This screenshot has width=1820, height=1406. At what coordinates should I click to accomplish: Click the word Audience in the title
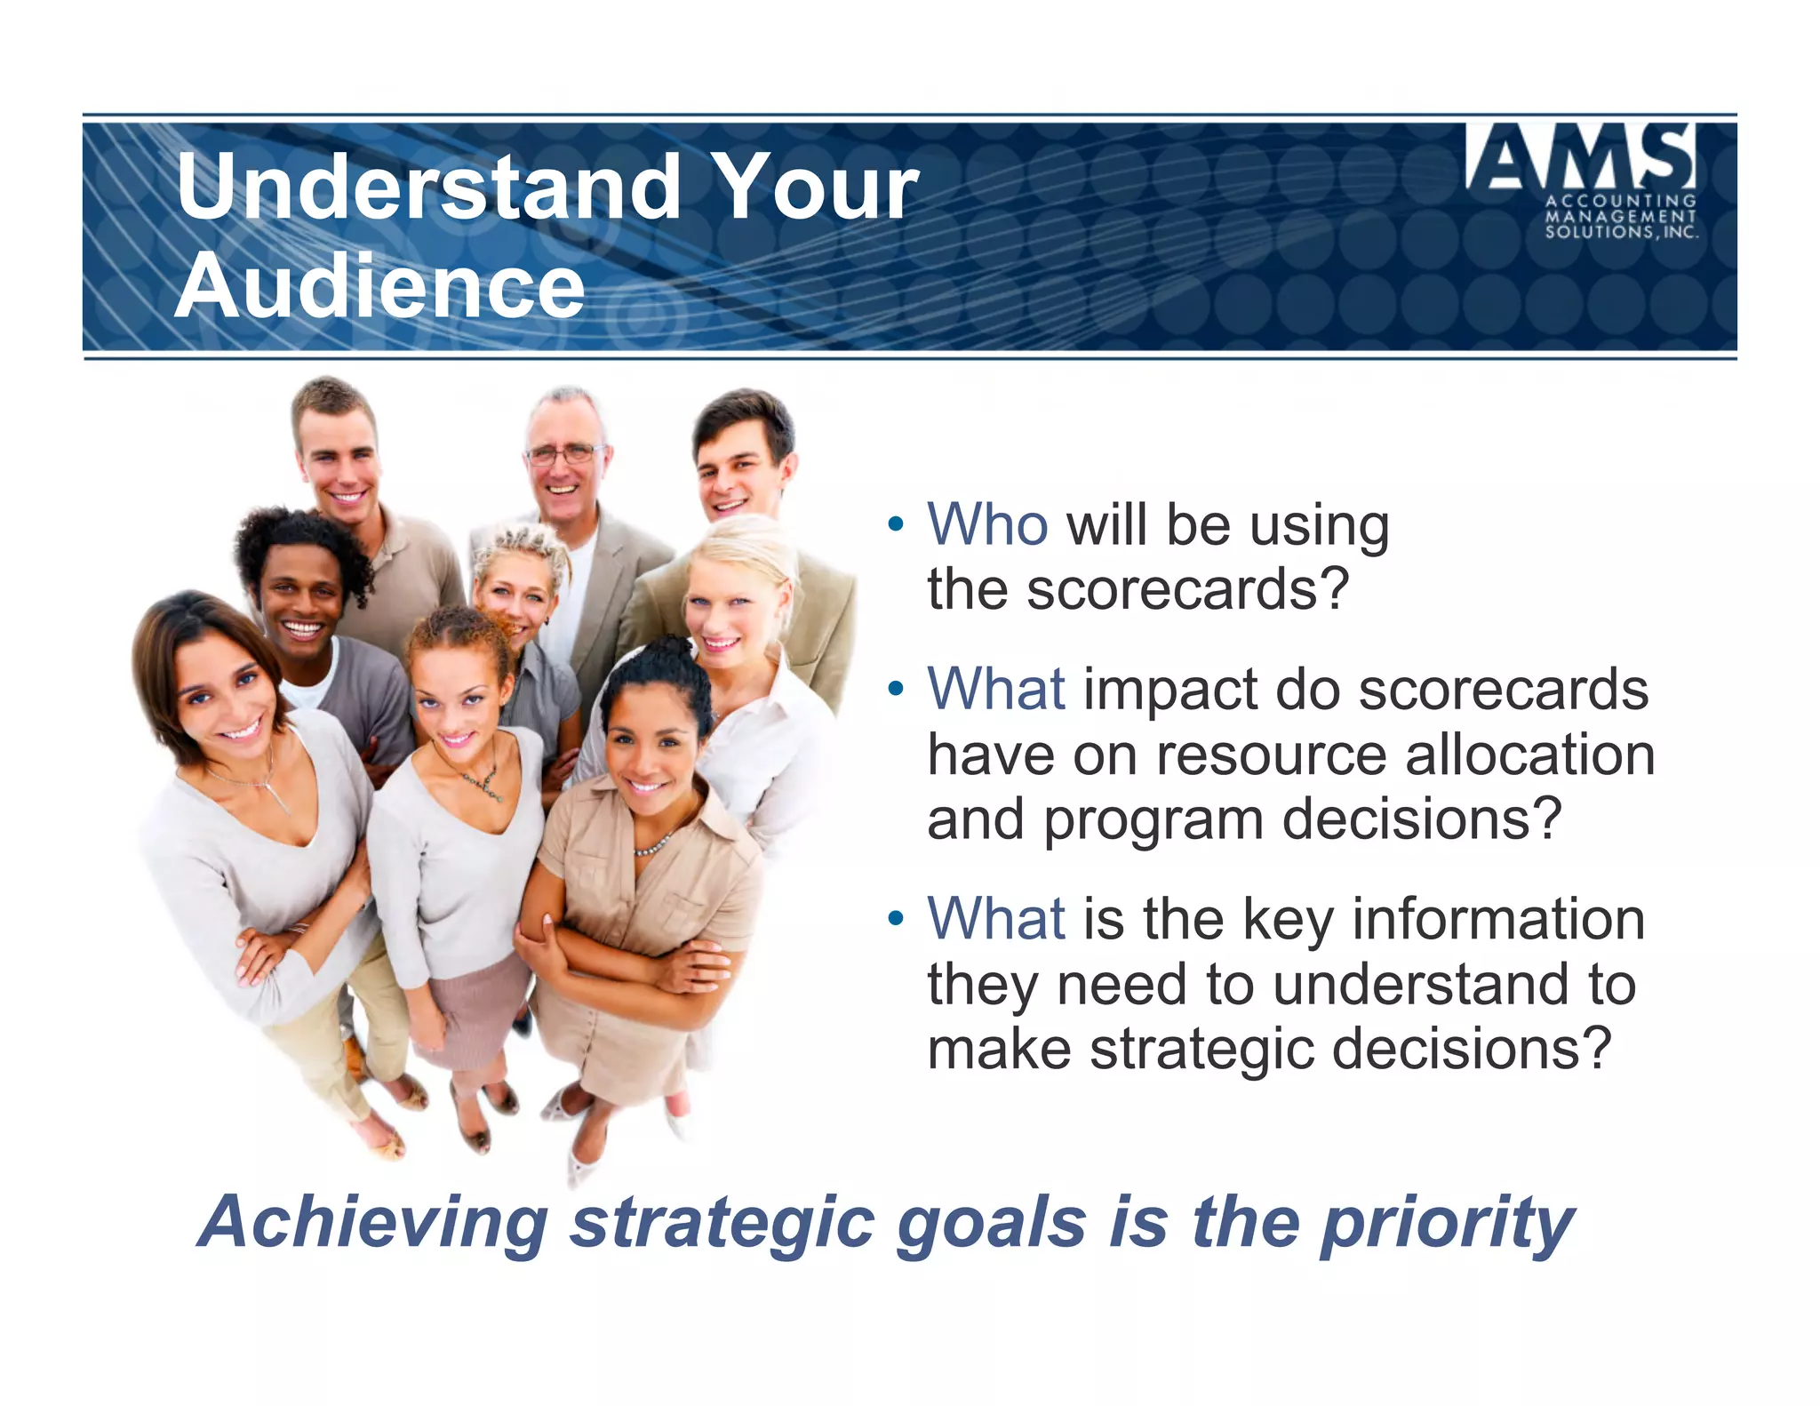[380, 286]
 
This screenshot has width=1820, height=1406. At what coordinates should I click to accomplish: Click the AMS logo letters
[1580, 157]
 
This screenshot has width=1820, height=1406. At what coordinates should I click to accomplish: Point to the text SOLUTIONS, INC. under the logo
[1621, 232]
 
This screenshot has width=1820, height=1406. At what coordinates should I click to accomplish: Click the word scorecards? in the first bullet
[1187, 589]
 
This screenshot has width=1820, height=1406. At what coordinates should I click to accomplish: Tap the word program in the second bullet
[1153, 819]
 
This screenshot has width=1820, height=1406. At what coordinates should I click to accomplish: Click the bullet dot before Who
[896, 524]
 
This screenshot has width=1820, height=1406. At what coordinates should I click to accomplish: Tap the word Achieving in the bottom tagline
[373, 1223]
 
